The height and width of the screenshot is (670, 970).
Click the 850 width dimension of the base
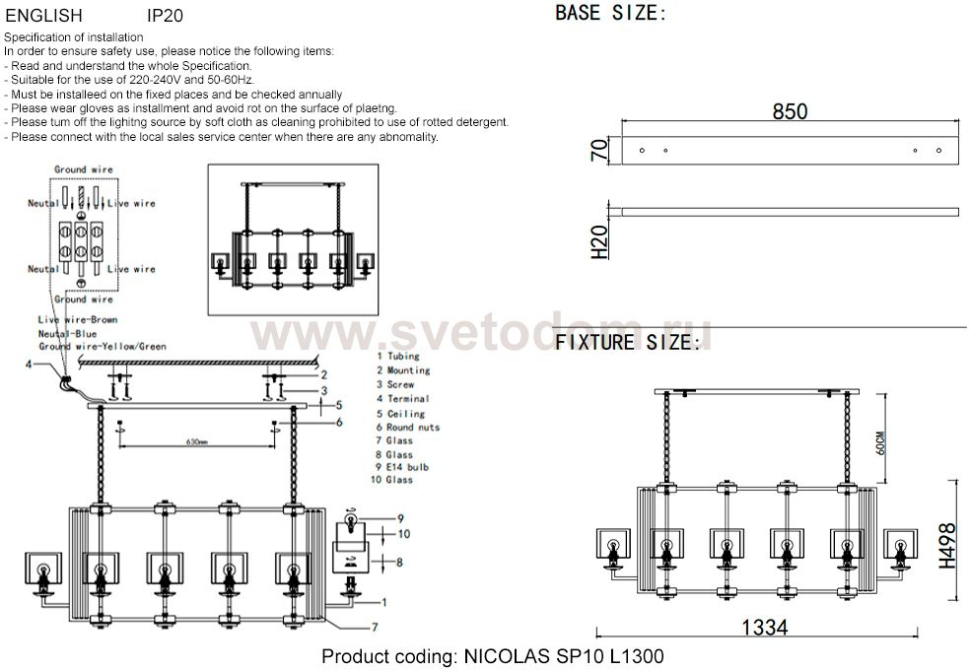coord(789,111)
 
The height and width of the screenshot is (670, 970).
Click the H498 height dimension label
coord(946,544)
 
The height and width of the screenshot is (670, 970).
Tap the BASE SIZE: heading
coord(610,14)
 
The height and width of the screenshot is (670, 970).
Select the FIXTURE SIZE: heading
coord(628,343)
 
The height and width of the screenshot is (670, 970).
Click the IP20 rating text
coord(165,16)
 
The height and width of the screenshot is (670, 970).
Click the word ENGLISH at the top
coord(43,16)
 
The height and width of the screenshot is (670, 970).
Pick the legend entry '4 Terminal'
coord(402,399)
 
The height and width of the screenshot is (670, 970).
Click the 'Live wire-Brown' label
coord(77,321)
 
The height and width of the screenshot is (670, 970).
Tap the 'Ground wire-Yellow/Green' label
coord(102,347)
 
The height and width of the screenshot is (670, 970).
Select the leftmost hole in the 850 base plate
coord(642,150)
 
